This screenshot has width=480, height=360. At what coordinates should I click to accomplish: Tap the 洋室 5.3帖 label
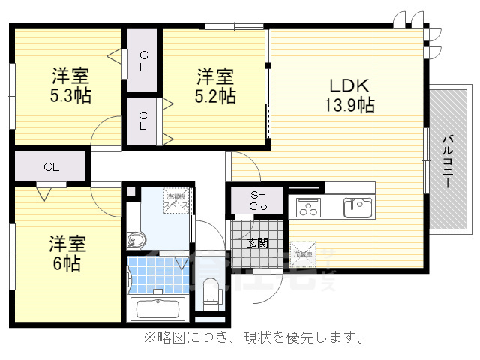[x=70, y=85]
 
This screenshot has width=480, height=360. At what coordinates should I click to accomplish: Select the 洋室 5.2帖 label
[x=216, y=85]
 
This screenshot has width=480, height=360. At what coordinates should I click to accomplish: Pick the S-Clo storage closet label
[x=258, y=201]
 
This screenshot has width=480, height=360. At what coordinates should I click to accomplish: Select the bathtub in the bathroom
[x=157, y=309]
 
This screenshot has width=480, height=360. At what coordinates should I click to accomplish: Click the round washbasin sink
[x=136, y=240]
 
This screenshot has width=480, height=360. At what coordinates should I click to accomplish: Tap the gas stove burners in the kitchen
[x=308, y=206]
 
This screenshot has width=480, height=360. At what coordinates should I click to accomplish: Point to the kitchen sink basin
[x=357, y=206]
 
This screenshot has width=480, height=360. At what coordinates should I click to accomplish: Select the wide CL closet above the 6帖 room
[x=51, y=166]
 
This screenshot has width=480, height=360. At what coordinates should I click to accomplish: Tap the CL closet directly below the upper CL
[x=142, y=120]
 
